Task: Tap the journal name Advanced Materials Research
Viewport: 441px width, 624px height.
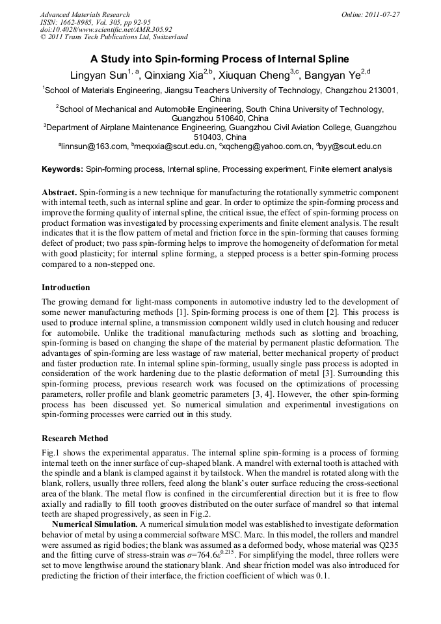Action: click(85, 14)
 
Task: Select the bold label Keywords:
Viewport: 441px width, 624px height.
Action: click(62, 170)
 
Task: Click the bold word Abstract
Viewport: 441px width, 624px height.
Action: click(59, 193)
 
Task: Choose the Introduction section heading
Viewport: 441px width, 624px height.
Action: click(66, 287)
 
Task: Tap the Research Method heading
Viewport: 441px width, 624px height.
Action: click(75, 438)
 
